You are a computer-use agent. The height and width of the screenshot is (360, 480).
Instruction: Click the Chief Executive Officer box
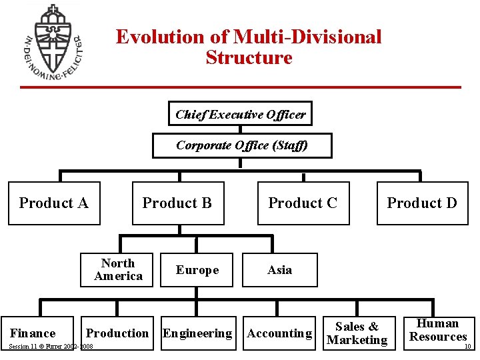241,114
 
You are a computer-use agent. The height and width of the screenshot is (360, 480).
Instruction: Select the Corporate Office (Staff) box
242,145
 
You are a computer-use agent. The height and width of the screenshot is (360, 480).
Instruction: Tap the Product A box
54,203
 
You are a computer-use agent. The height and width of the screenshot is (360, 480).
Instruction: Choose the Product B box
177,203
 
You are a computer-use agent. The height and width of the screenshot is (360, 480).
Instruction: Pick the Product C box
303,203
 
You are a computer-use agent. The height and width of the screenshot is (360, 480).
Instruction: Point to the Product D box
422,203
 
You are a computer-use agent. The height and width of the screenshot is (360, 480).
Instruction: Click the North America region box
117,269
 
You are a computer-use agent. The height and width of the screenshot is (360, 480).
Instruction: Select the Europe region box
197,269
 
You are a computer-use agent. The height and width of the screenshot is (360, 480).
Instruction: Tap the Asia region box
279,269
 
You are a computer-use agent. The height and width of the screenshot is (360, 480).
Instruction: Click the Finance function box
33,333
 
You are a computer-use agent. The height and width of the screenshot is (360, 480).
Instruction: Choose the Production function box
117,333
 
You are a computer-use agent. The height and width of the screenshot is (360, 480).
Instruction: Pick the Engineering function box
198,333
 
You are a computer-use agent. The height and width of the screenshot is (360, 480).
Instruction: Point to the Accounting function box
279,333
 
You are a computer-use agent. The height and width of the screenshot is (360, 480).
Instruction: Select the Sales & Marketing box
357,333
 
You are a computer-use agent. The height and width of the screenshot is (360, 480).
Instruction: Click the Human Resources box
438,330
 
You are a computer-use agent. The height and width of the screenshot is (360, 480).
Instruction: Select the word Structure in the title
249,58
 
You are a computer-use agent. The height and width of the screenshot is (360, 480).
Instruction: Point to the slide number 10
467,346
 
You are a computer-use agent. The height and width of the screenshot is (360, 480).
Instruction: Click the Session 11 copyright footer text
51,347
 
